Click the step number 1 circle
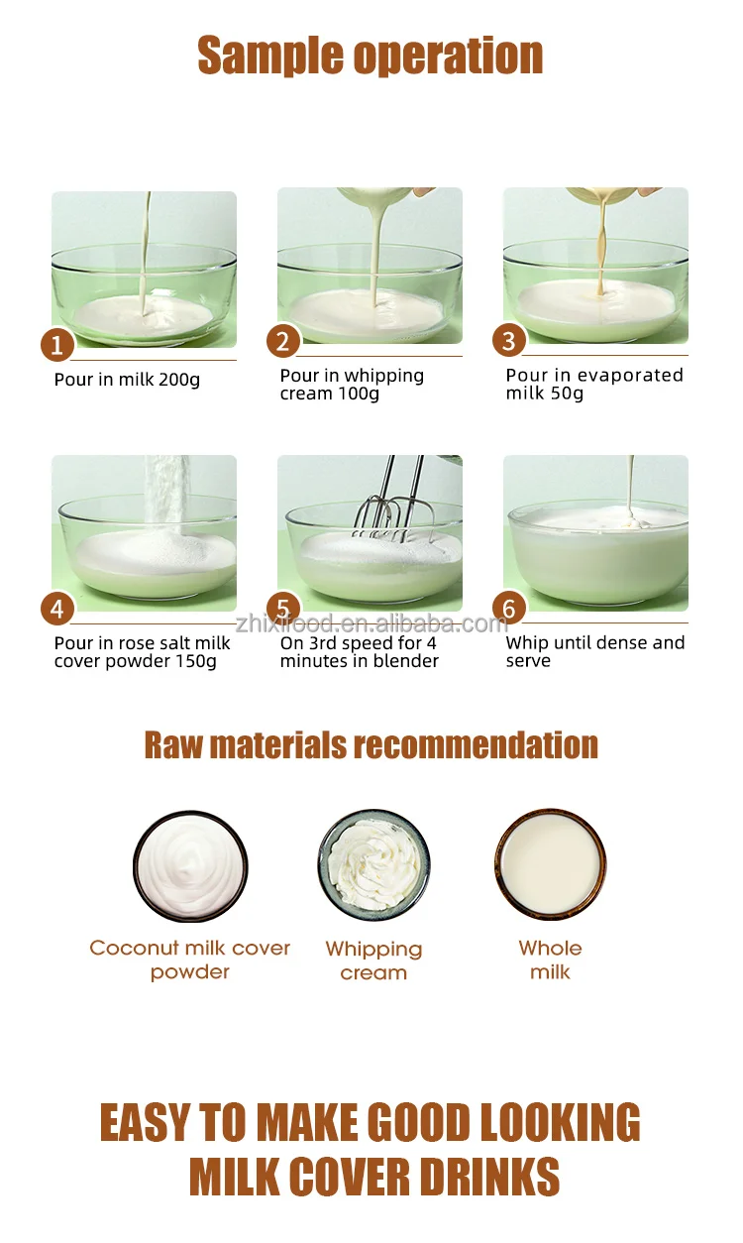click(57, 345)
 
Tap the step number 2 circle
click(283, 341)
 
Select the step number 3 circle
click(509, 340)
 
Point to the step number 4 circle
click(57, 608)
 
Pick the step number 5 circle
click(283, 608)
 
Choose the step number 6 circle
click(509, 608)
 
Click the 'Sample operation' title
click(371, 56)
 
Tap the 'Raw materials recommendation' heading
click(371, 744)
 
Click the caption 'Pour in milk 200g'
click(127, 380)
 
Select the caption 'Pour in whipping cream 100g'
click(352, 385)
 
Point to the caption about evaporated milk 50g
click(594, 384)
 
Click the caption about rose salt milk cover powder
click(142, 652)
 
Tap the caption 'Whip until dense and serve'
click(594, 651)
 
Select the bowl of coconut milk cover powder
click(190, 866)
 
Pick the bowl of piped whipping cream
click(373, 866)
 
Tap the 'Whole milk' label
click(550, 960)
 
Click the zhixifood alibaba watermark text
click(371, 623)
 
